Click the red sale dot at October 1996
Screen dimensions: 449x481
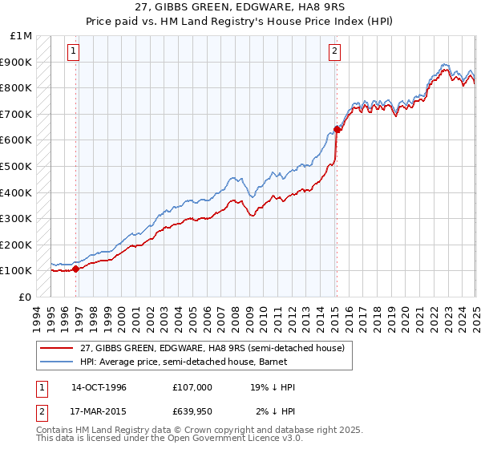coord(76,269)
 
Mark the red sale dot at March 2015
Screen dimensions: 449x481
coord(337,129)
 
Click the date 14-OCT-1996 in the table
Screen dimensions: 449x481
coord(99,387)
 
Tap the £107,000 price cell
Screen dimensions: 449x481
coord(192,387)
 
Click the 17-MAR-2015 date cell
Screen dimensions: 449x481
coord(99,411)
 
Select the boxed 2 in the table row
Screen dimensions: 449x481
coord(41,411)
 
